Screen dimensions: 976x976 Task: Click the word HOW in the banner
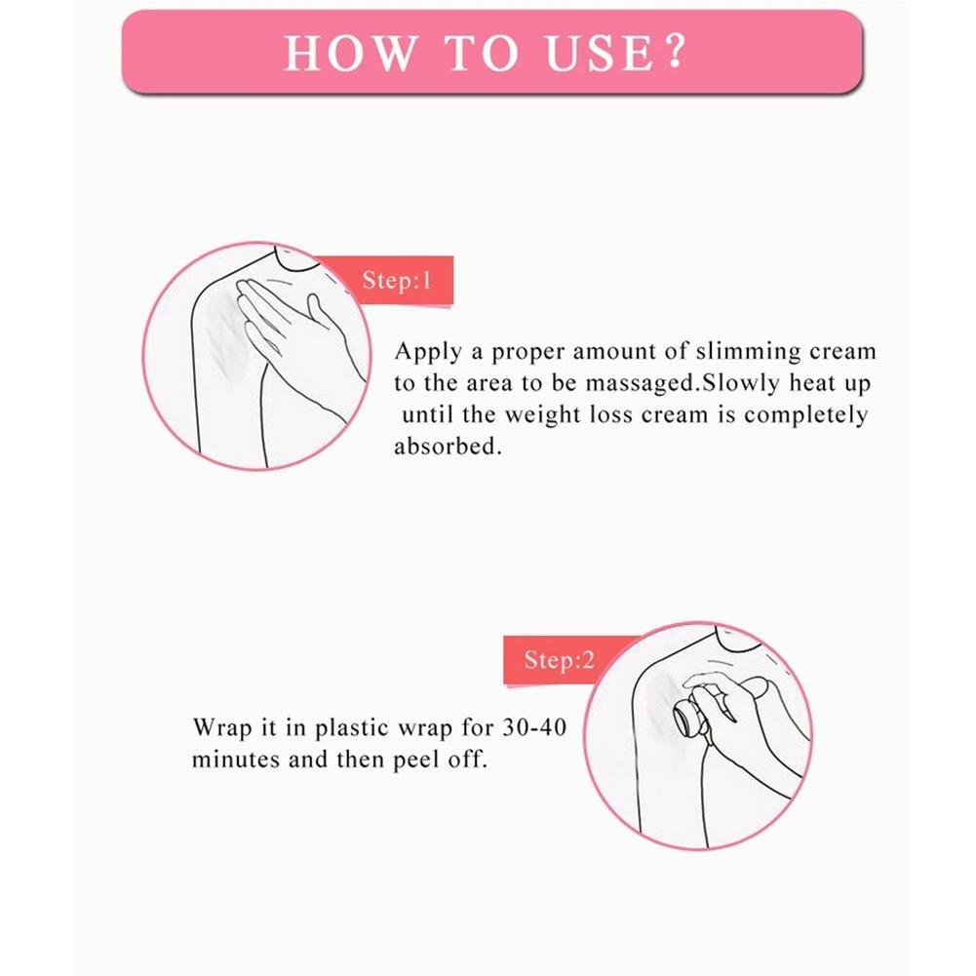[x=350, y=53]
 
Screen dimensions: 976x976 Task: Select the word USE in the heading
[x=600, y=53]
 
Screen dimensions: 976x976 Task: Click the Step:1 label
[x=397, y=281]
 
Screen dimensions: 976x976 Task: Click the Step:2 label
[x=559, y=660]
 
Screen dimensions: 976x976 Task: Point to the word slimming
[x=748, y=352]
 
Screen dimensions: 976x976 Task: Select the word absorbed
[x=448, y=446]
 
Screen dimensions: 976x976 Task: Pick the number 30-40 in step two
[x=534, y=726]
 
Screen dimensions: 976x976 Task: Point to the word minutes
[x=236, y=760]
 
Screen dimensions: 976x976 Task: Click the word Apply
[x=428, y=352]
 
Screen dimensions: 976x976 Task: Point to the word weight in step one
[x=542, y=415]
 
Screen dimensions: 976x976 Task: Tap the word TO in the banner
[x=482, y=53]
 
